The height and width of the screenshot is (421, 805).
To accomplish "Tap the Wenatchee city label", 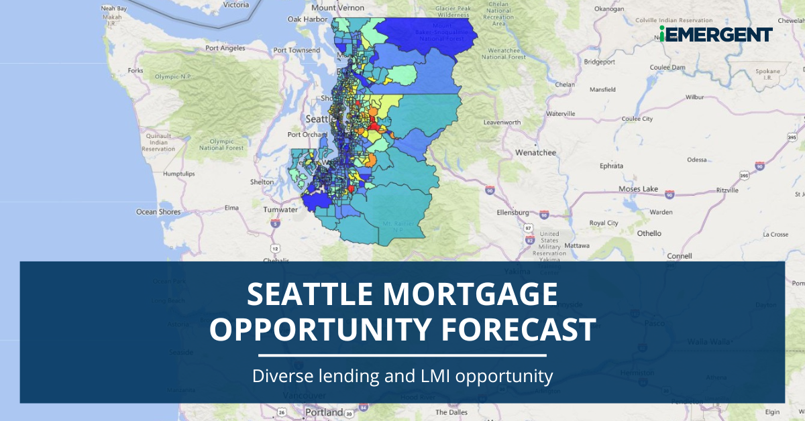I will pyautogui.click(x=536, y=152).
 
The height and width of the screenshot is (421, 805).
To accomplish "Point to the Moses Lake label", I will pyautogui.click(x=638, y=189).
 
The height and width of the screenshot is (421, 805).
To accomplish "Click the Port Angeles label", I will pyautogui.click(x=226, y=48).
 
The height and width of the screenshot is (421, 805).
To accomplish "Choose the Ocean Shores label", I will pyautogui.click(x=159, y=212).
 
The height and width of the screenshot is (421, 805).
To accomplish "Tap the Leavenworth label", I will pyautogui.click(x=502, y=123).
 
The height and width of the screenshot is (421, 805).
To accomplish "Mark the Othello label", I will pyautogui.click(x=649, y=233).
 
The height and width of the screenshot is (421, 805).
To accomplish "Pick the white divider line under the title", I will pyautogui.click(x=402, y=355).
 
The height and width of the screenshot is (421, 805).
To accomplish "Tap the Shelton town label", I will pyautogui.click(x=262, y=181).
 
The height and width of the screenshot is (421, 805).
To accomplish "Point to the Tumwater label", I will pyautogui.click(x=281, y=209).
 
